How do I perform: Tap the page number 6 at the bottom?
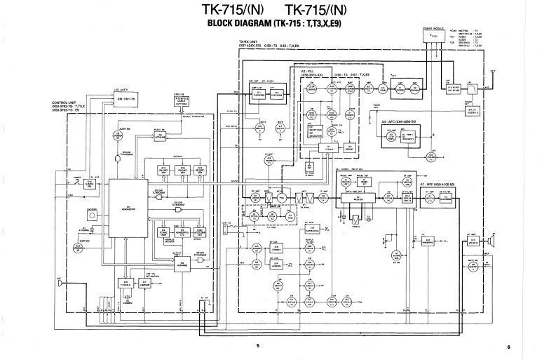[x=510, y=346]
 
